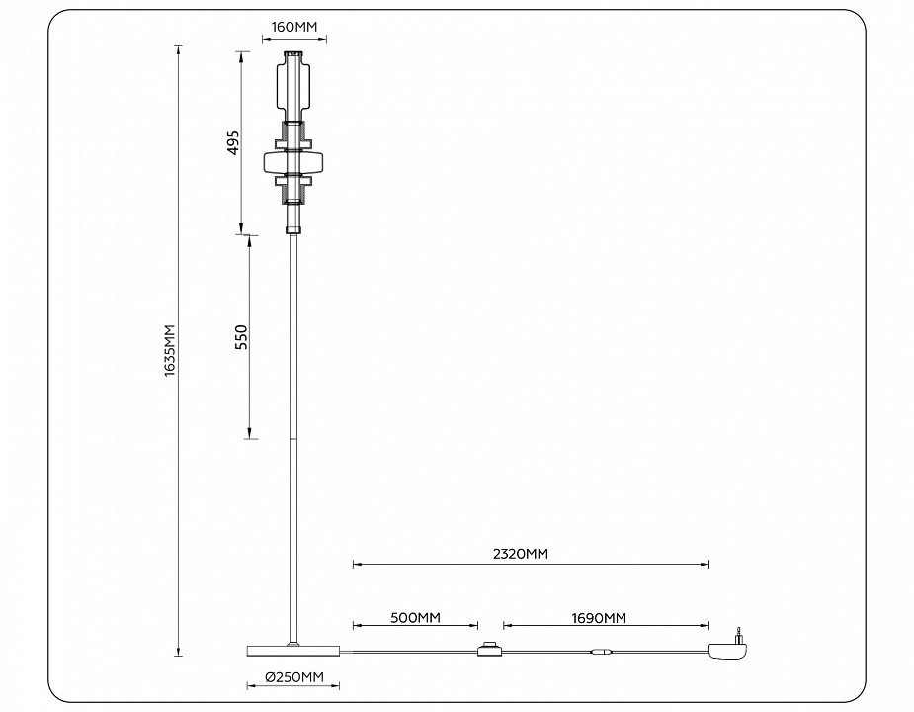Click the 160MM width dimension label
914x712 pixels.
click(294, 27)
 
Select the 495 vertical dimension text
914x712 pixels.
click(233, 142)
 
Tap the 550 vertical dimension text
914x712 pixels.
click(241, 337)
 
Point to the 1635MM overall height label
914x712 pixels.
click(170, 350)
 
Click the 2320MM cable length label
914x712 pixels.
click(521, 553)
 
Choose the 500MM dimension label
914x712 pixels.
click(416, 617)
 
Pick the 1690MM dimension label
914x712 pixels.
click(599, 617)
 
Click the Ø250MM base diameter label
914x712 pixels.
click(293, 677)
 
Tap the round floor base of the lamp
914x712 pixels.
click(293, 650)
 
